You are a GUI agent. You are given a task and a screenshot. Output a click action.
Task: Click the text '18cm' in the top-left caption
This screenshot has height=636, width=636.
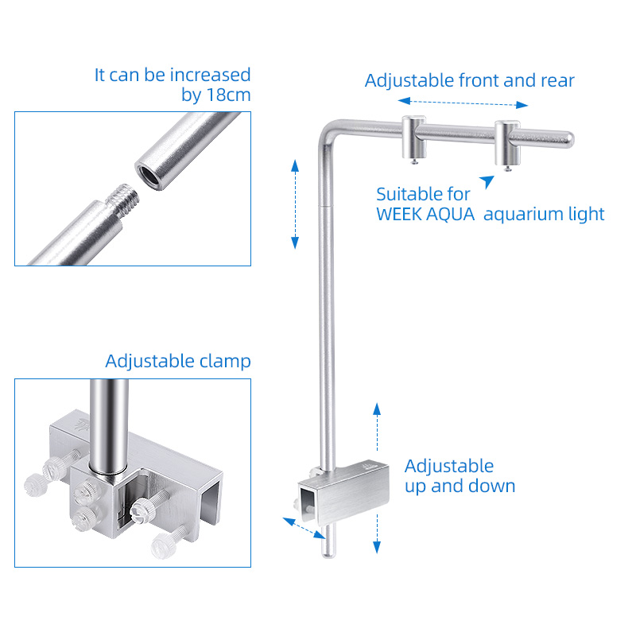pyautogui.click(x=228, y=95)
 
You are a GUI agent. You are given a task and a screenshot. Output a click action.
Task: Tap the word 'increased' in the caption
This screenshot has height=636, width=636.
pyautogui.click(x=210, y=75)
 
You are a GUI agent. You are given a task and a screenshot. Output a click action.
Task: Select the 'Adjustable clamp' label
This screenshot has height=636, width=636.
pyautogui.click(x=178, y=361)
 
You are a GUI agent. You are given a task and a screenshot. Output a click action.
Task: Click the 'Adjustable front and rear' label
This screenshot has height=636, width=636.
pyautogui.click(x=470, y=80)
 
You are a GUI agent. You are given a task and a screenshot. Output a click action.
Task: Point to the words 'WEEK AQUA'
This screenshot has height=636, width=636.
pyautogui.click(x=425, y=214)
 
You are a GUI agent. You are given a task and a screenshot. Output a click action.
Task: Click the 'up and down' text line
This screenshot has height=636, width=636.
pyautogui.click(x=460, y=486)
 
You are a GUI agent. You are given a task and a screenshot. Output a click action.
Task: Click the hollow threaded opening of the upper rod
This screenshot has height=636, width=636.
pyautogui.click(x=149, y=175)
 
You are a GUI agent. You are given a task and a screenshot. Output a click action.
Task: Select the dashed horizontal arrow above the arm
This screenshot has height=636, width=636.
pyautogui.click(x=463, y=103)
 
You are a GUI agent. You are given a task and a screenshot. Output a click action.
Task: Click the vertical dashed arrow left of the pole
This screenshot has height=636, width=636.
pyautogui.click(x=295, y=204)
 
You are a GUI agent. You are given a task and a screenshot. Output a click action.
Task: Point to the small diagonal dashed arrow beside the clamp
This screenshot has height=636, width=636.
pyautogui.click(x=304, y=528)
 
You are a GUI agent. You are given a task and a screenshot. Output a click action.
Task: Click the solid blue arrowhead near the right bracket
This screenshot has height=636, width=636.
pyautogui.click(x=488, y=181)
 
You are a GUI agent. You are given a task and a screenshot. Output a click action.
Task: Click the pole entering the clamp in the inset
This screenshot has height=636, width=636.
pyautogui.click(x=109, y=426)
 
